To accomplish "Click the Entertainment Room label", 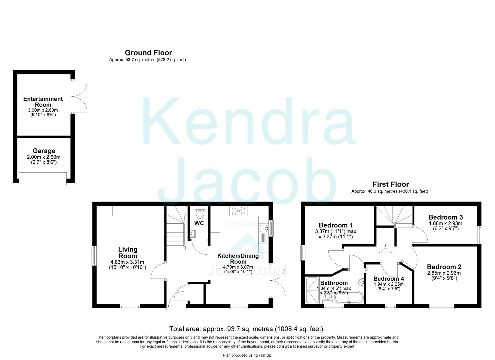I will pyautogui.click(x=43, y=102).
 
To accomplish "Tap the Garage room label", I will pyautogui.click(x=44, y=151).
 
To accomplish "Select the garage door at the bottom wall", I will pyautogui.click(x=43, y=178).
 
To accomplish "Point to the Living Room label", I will pyautogui.click(x=128, y=253).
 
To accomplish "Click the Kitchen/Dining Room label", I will pyautogui.click(x=238, y=259).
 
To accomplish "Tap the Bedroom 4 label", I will pyautogui.click(x=389, y=279).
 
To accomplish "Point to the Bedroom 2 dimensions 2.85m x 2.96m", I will pyautogui.click(x=444, y=273).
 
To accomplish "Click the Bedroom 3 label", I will pyautogui.click(x=445, y=217).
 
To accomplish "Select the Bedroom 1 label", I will pyautogui.click(x=336, y=225).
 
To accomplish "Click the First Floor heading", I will pyautogui.click(x=390, y=184).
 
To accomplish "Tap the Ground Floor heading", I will pyautogui.click(x=148, y=53).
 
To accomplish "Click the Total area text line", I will pyautogui.click(x=246, y=329).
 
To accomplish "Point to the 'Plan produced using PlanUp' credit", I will pyautogui.click(x=247, y=355).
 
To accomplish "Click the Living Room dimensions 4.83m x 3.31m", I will pyautogui.click(x=128, y=262).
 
